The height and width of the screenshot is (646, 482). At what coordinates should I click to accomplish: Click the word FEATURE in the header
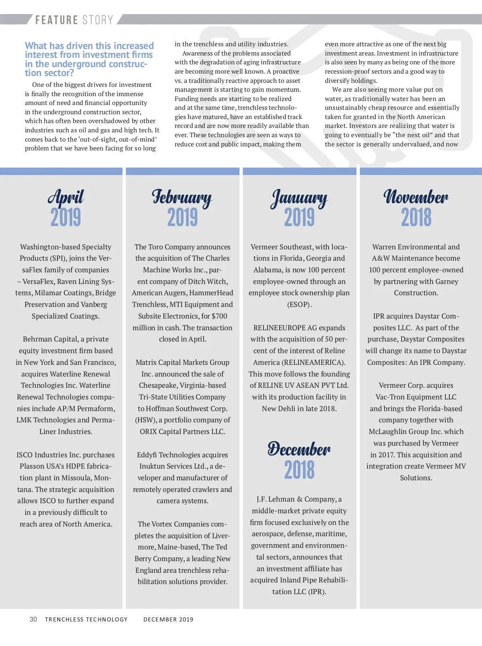(x=57, y=20)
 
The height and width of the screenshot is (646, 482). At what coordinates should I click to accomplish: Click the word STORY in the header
(x=98, y=20)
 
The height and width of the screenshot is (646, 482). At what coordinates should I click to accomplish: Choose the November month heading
(x=416, y=197)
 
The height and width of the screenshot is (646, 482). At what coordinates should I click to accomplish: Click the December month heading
(x=299, y=449)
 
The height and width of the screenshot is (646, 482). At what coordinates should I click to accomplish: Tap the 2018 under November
(x=416, y=217)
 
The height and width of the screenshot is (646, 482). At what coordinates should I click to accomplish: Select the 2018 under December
(x=299, y=469)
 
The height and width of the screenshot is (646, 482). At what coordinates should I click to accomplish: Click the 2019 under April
(x=65, y=217)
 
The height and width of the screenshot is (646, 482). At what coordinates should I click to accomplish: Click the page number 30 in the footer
(x=33, y=619)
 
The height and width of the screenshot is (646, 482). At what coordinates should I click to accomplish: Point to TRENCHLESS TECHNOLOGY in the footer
(x=86, y=619)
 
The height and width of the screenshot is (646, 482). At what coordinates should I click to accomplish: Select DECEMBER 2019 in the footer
(x=168, y=619)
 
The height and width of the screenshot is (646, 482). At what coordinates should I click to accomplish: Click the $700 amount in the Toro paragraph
(x=219, y=316)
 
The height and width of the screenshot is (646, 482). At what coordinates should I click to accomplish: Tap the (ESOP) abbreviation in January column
(x=299, y=304)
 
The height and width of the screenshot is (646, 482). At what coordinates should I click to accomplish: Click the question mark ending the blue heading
(x=71, y=73)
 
